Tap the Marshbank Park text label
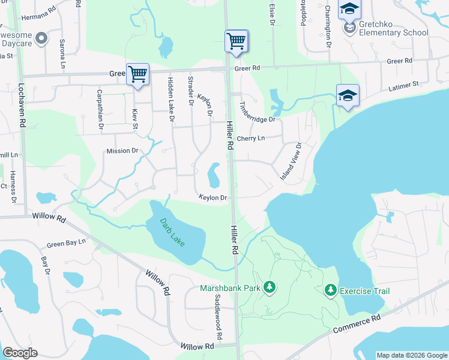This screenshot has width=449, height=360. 231,288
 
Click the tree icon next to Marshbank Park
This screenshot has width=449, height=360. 270,288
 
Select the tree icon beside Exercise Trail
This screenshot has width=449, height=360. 330,291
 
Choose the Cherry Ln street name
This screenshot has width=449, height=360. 251,139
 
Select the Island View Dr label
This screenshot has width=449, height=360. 291,161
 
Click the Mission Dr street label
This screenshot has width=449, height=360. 122,151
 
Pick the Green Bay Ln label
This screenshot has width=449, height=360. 67,244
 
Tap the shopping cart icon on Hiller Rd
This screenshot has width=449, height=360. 237,41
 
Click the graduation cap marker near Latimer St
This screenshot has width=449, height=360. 348,96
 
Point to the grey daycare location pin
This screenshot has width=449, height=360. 41,39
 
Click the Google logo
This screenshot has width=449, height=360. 20,353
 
